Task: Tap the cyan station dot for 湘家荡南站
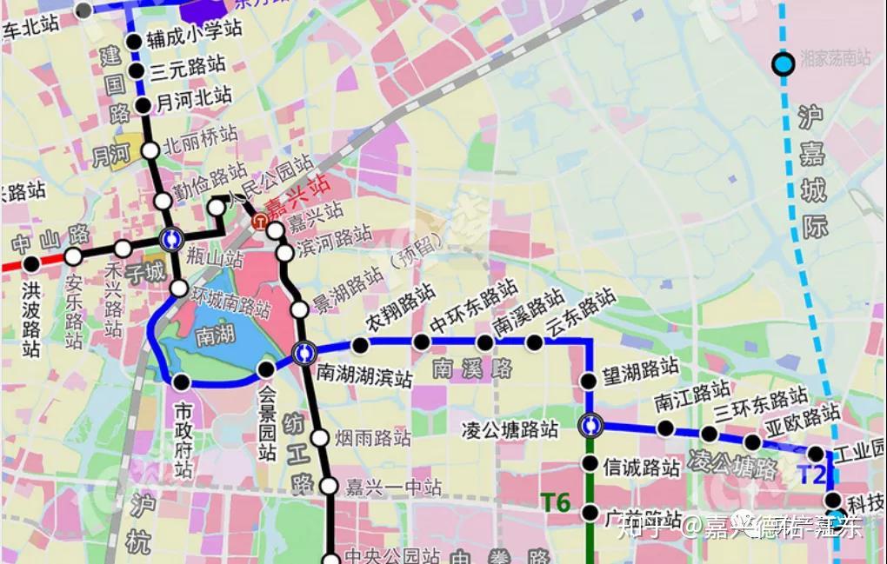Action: (784, 63)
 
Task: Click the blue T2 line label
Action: (810, 474)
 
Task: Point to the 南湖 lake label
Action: (215, 336)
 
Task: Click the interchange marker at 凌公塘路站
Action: (590, 425)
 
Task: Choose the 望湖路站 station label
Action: (640, 372)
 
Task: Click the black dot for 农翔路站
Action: (361, 345)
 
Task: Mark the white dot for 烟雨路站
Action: (320, 438)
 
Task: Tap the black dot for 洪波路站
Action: (31, 262)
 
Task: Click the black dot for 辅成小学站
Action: (134, 42)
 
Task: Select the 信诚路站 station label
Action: (641, 468)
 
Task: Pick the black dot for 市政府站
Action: (181, 382)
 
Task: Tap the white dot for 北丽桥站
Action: (150, 150)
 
